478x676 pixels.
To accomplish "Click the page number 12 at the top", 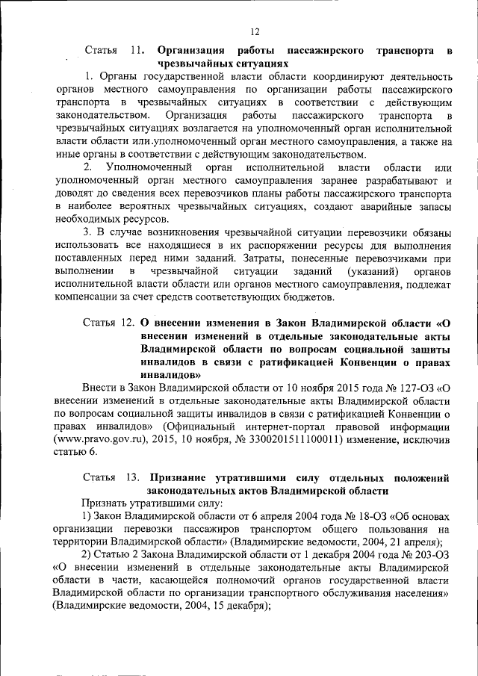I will pyautogui.click(x=254, y=32).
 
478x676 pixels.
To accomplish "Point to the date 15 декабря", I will pyautogui.click(x=231, y=607).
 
